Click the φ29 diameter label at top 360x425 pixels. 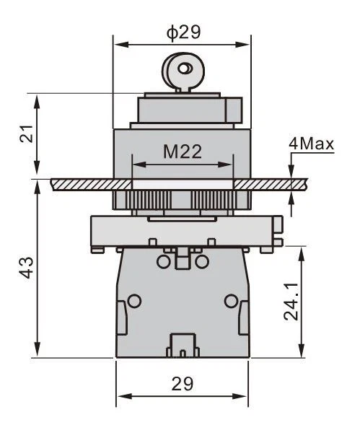[x=184, y=32]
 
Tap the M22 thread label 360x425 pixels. [x=183, y=152]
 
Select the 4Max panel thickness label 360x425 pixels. [x=311, y=144]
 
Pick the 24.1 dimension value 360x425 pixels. [x=291, y=302]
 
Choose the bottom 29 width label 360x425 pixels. [x=183, y=384]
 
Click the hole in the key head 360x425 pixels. [x=185, y=69]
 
